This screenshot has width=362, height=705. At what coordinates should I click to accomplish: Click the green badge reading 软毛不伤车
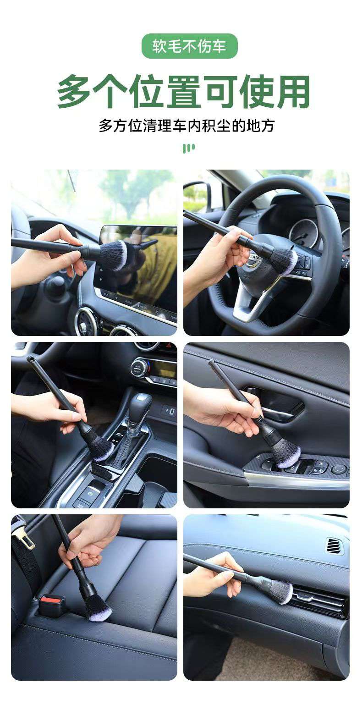click(x=189, y=46)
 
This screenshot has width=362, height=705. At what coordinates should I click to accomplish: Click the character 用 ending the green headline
click(x=293, y=92)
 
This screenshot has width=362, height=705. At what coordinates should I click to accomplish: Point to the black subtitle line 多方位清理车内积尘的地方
click(x=187, y=125)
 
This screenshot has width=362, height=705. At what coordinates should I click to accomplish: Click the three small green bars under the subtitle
click(x=189, y=148)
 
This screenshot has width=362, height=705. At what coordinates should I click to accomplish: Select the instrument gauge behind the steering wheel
click(x=302, y=233)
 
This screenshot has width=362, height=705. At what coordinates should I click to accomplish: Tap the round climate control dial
click(x=139, y=367)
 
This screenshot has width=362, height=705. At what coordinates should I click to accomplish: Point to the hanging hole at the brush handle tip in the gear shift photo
click(x=30, y=358)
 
